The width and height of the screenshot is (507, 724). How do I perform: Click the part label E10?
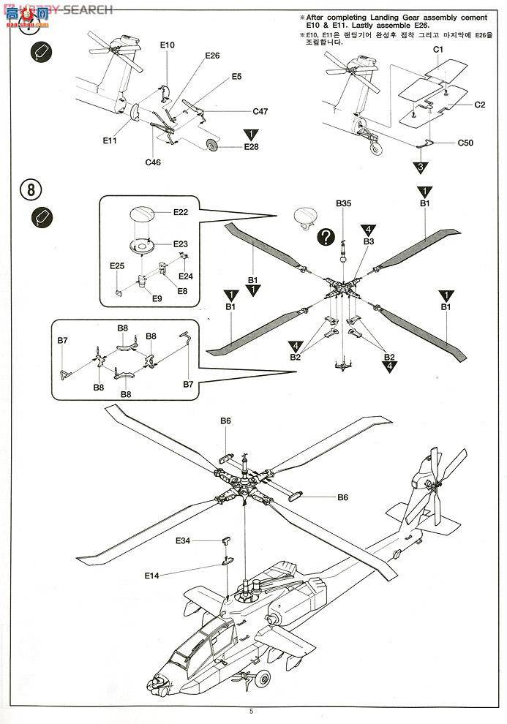pyautogui.click(x=168, y=45)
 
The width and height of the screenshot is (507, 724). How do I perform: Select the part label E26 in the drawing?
pyautogui.click(x=212, y=56)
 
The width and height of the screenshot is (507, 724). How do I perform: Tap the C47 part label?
pyautogui.click(x=260, y=112)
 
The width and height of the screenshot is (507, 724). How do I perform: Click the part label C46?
pyautogui.click(x=153, y=162)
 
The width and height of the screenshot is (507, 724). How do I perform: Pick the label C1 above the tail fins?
pyautogui.click(x=439, y=49)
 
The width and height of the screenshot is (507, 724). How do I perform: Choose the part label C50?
pyautogui.click(x=465, y=143)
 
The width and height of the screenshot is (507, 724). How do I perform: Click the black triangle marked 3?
pyautogui.click(x=420, y=169)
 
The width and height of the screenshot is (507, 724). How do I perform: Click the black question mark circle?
pyautogui.click(x=327, y=237)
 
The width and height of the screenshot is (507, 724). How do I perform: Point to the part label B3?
pyautogui.click(x=368, y=241)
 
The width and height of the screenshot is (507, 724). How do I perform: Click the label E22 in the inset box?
pyautogui.click(x=181, y=212)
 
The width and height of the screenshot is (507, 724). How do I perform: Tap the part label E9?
pyautogui.click(x=157, y=298)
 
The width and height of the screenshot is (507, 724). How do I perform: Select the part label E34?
pyautogui.click(x=183, y=541)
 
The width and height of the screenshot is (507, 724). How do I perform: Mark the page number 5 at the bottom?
pyautogui.click(x=251, y=711)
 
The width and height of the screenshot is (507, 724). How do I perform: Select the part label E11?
pyautogui.click(x=110, y=140)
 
